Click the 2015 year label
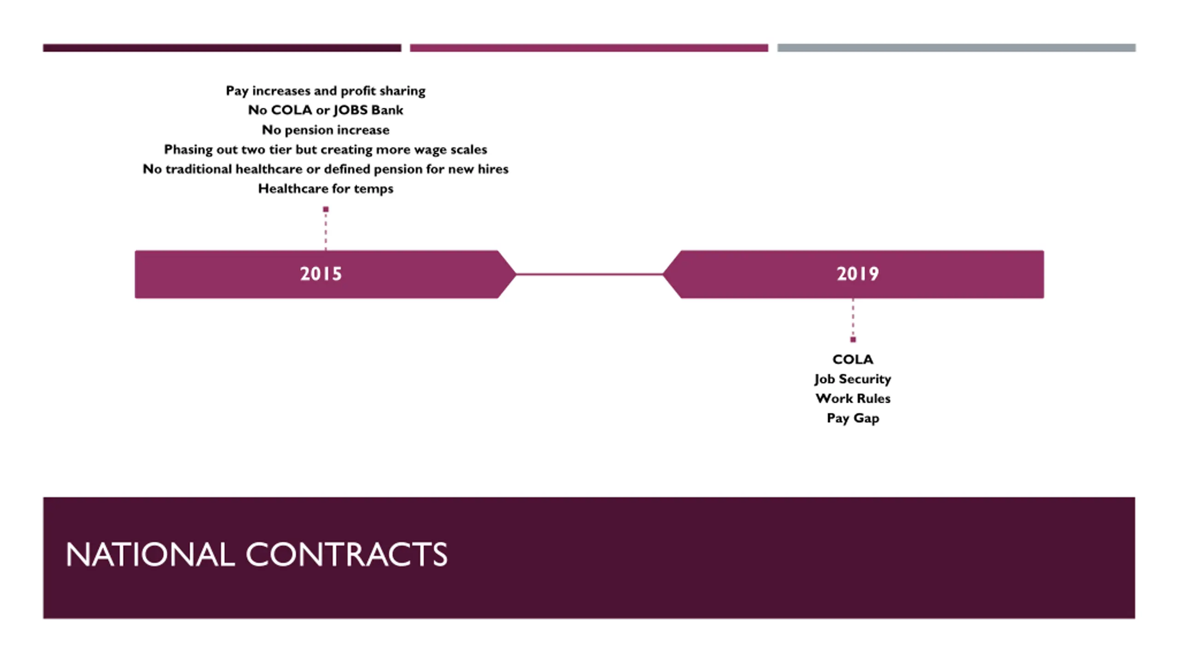[x=321, y=274]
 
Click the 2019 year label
[x=858, y=274]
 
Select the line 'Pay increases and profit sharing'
[x=325, y=91]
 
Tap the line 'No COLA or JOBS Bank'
[x=325, y=110]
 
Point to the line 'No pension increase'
[x=325, y=130]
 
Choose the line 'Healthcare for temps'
[x=325, y=189]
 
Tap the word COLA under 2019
[x=852, y=359]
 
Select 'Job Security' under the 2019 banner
[x=852, y=379]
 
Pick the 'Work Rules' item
[x=852, y=398]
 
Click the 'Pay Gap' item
[x=852, y=418]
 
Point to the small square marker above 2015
[x=326, y=209]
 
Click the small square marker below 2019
[x=853, y=340]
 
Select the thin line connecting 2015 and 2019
[x=589, y=274]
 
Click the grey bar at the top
[x=956, y=48]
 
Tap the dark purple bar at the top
[x=222, y=48]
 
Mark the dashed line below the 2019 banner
[x=853, y=318]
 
